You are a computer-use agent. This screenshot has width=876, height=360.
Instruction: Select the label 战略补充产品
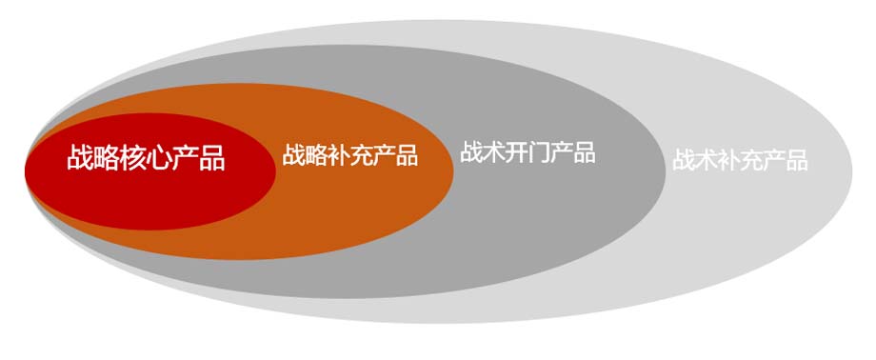(349, 155)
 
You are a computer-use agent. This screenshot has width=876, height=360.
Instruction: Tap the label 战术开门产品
(528, 152)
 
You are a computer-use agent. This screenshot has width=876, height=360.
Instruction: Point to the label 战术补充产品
(740, 160)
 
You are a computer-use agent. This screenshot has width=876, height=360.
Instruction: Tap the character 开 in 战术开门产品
(516, 152)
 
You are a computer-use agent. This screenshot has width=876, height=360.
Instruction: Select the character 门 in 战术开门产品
(539, 152)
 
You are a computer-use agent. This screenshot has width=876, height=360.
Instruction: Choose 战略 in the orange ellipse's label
(305, 155)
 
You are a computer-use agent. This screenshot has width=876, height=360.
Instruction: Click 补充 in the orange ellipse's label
(349, 155)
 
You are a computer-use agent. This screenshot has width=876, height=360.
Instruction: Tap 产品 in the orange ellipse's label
(395, 155)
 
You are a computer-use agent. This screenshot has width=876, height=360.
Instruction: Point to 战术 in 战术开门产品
(482, 152)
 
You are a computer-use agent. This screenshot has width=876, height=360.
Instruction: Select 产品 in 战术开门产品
(573, 152)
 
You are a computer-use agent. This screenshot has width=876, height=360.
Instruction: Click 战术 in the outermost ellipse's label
(694, 160)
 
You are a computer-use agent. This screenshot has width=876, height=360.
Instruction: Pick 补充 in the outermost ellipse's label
(740, 160)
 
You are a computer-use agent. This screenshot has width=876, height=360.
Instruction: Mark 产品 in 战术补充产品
(786, 160)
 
